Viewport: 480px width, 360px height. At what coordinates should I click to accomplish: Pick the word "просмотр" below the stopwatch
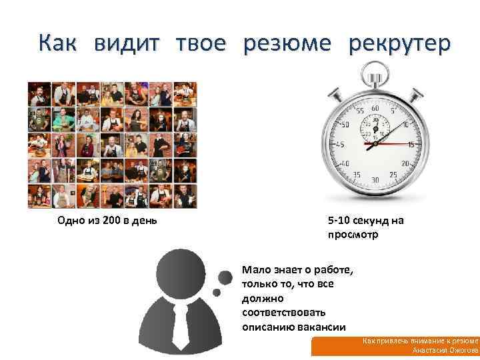coord(353,235)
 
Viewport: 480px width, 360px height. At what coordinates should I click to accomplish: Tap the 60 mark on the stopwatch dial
coord(376,108)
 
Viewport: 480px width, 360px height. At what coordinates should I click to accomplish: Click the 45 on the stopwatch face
coord(340,145)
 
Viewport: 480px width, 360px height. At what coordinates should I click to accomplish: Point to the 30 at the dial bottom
coord(375,179)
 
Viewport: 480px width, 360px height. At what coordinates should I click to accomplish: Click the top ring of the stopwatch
coord(376,69)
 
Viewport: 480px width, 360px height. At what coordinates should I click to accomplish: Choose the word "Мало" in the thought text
coord(255,270)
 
